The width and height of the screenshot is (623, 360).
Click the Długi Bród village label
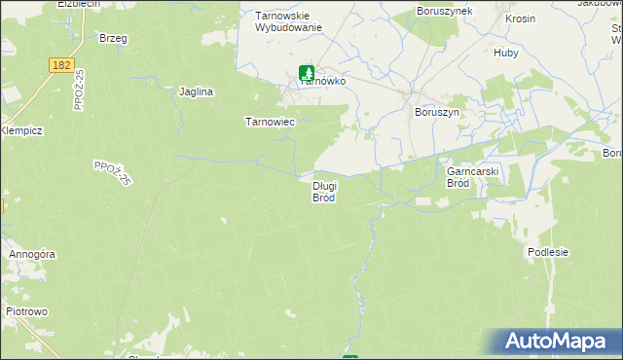click(324, 191)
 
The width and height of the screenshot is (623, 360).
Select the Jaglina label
click(196, 91)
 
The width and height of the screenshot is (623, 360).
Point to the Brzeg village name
click(113, 38)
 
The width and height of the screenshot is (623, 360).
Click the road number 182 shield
click(61, 63)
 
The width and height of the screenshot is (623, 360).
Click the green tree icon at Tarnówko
click(307, 72)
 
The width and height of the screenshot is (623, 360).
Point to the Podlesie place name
click(547, 251)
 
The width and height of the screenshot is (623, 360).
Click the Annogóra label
click(32, 254)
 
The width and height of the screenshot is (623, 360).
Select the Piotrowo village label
click(27, 311)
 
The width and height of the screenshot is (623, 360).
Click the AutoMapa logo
click(557, 342)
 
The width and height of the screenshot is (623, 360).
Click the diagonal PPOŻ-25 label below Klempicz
click(113, 173)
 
